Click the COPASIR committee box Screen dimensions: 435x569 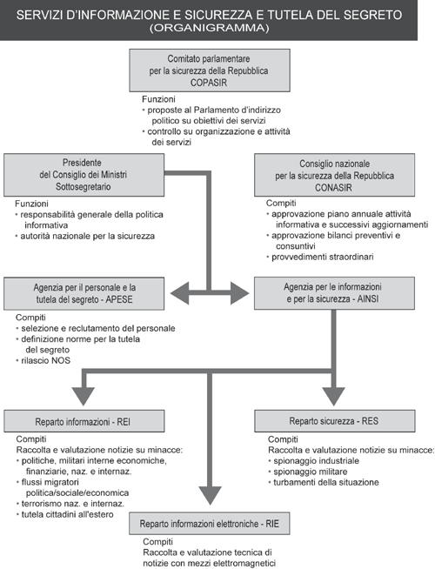coord(210,70)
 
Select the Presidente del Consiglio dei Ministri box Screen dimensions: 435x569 coord(84,175)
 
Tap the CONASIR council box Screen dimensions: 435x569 coord(334,175)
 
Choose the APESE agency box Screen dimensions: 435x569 coord(84,293)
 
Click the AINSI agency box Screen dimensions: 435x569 coord(334,293)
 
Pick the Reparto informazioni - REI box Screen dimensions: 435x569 coord(84,421)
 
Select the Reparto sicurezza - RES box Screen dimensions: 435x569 coord(335,421)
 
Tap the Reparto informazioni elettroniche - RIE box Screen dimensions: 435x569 coord(210,523)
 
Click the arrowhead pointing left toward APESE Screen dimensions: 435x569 coord(180,293)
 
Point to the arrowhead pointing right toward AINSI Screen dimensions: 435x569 coord(239,293)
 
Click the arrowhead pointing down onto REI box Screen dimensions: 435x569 coord(84,396)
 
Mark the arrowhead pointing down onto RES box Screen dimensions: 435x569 coord(334,396)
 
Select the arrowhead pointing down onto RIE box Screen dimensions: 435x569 coord(210,496)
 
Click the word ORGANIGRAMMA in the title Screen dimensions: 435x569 coord(210,28)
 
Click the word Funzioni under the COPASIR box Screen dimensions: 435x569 coord(158,99)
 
